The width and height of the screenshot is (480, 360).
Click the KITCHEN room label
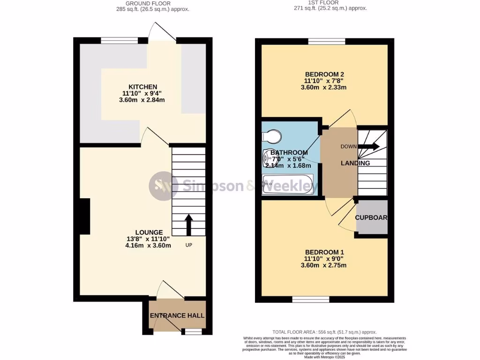(143, 87)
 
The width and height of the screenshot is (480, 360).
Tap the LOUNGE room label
(149, 232)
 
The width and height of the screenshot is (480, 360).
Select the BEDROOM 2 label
(324, 74)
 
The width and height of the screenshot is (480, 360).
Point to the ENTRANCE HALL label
(177, 315)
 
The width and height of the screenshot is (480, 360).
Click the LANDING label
(355, 163)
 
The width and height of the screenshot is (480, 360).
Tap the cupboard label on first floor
(371, 217)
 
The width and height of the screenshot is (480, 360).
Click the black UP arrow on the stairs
(189, 225)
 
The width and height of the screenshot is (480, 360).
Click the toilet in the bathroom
(271, 136)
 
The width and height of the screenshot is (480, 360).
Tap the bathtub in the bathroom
(287, 184)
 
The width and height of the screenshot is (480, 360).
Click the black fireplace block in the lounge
(84, 216)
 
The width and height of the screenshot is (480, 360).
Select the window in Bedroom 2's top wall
(327, 42)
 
